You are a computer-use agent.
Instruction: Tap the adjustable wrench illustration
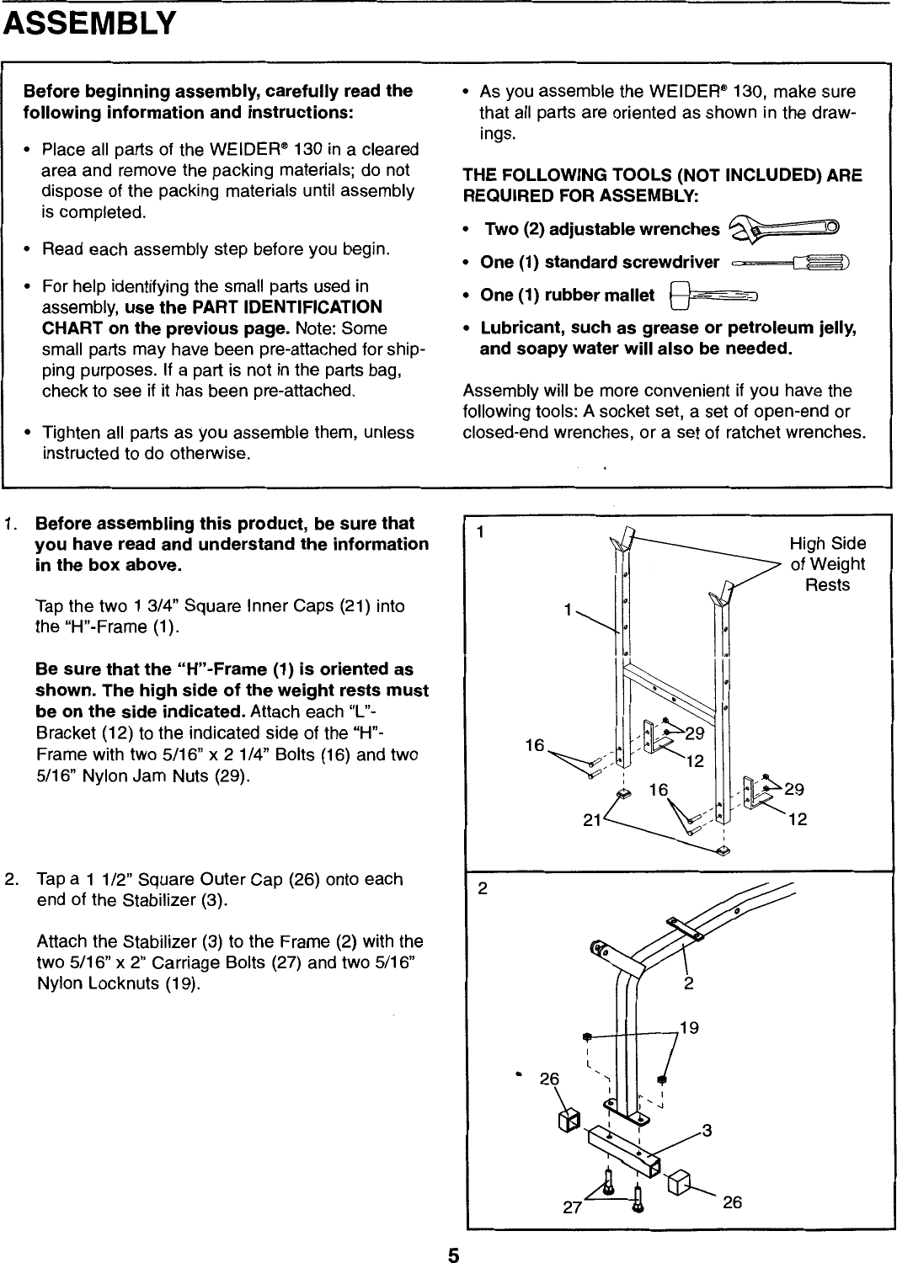click(x=783, y=227)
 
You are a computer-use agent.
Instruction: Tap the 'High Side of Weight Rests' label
click(x=826, y=564)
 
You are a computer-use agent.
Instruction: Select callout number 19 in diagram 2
click(x=689, y=1028)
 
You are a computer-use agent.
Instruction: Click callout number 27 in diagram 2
click(x=573, y=1207)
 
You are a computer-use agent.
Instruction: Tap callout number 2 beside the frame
click(x=689, y=983)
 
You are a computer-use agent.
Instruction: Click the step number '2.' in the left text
click(x=13, y=879)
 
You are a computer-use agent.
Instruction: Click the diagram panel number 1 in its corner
click(x=480, y=532)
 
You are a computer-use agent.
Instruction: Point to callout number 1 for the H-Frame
click(x=569, y=608)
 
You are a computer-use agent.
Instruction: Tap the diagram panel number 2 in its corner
click(x=483, y=890)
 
